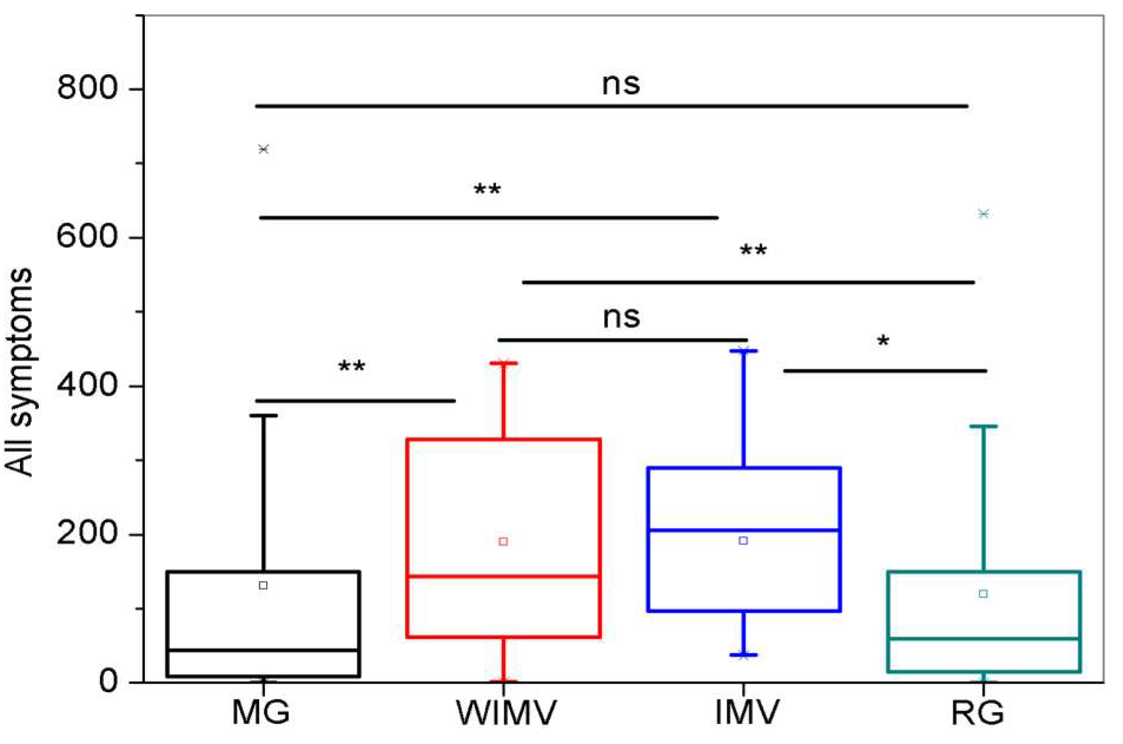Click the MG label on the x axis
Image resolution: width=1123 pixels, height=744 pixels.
(x=261, y=712)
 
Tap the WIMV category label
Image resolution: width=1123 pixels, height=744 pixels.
(x=506, y=712)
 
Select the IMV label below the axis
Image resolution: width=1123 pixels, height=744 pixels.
(x=747, y=712)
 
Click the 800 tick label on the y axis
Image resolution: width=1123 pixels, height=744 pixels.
(x=88, y=88)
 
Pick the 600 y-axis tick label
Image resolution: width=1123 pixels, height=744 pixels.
(x=88, y=237)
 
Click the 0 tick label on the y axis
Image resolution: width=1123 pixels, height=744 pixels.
(x=108, y=682)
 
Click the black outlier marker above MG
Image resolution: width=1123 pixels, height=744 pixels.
(x=263, y=149)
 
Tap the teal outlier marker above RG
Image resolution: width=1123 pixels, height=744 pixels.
(x=983, y=213)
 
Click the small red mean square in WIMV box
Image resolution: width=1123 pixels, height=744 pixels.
(x=503, y=541)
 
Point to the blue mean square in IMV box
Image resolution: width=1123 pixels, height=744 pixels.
(x=743, y=540)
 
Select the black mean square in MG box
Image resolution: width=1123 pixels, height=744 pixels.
(x=263, y=585)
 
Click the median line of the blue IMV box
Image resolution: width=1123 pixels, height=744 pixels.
(x=743, y=530)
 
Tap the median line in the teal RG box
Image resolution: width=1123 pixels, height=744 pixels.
(x=983, y=639)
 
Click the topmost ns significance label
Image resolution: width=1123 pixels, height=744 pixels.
(x=621, y=84)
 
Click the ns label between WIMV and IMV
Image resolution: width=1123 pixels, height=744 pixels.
(x=621, y=318)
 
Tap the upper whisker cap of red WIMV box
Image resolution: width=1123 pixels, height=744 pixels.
(x=503, y=363)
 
